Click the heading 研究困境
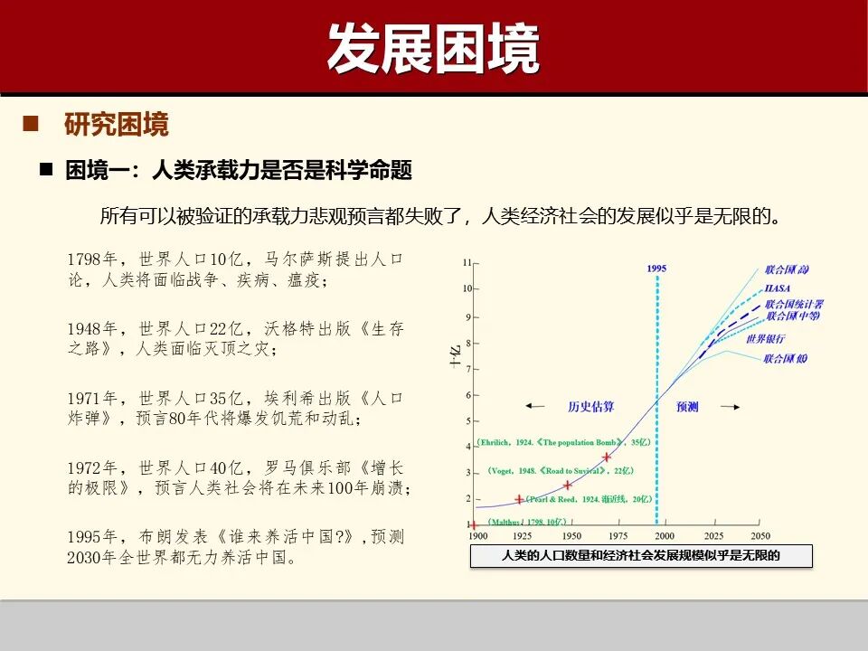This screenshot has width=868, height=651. (x=116, y=125)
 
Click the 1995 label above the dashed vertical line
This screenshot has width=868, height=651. (x=656, y=269)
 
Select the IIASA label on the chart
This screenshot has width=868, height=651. (x=777, y=288)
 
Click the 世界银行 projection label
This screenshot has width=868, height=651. (x=766, y=338)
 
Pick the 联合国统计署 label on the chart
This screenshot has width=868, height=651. (x=794, y=304)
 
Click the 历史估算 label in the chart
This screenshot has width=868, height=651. (x=590, y=407)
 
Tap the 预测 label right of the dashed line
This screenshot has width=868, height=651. (x=687, y=407)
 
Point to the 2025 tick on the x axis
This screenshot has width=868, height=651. (x=712, y=536)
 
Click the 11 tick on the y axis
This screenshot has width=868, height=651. (x=467, y=263)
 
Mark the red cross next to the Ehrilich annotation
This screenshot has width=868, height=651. (x=607, y=457)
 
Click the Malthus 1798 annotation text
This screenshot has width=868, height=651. (x=527, y=522)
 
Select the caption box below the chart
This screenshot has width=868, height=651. (x=640, y=556)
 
